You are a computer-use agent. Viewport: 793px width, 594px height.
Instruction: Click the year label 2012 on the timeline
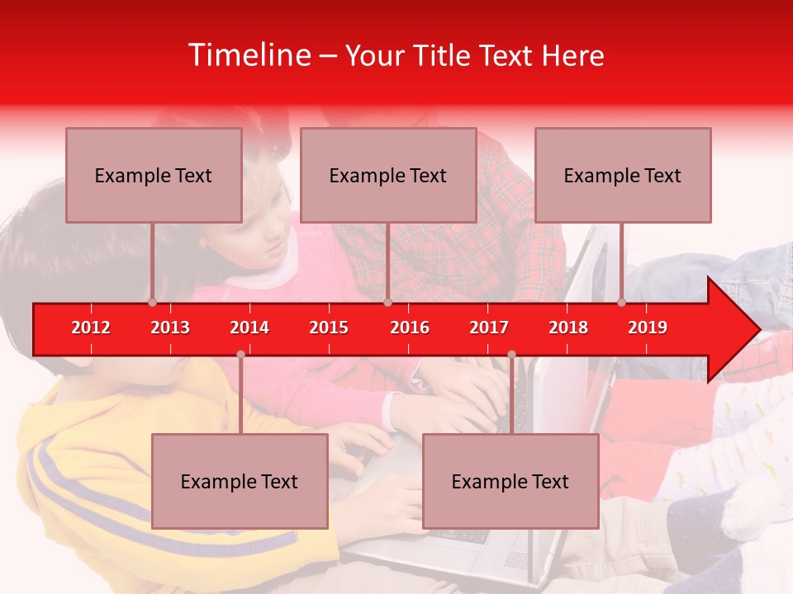coord(91,328)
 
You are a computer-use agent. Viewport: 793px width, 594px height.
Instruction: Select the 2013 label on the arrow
coord(170,328)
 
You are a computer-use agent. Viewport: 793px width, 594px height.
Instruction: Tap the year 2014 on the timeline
coord(249,328)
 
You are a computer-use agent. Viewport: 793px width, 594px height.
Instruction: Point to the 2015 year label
coord(329,328)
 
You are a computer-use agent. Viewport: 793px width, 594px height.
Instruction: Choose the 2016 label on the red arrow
coord(410,328)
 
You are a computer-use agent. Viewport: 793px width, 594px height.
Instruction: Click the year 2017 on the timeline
coord(489,328)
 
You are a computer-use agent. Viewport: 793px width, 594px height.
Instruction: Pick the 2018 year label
coord(568,328)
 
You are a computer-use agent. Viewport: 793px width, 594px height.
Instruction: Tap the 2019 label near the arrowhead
coord(648,328)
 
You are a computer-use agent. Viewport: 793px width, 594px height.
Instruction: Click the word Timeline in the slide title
coord(248,55)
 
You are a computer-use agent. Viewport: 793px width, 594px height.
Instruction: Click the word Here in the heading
coord(572,55)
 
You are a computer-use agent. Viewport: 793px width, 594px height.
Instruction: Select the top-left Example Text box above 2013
coord(154,175)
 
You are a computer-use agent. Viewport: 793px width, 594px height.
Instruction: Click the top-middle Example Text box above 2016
coord(388,175)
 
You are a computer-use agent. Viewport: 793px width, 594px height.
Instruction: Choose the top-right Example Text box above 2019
coord(623,175)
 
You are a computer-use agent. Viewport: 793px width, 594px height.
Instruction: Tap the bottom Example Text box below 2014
coord(240,481)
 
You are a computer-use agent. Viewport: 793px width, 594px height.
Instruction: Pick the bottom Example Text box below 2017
coord(510,481)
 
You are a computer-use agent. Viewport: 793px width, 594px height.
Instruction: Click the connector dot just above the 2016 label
coord(387,303)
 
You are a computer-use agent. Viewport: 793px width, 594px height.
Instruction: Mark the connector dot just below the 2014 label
coord(240,354)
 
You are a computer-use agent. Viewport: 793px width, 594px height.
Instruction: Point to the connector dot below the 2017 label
coord(511,354)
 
